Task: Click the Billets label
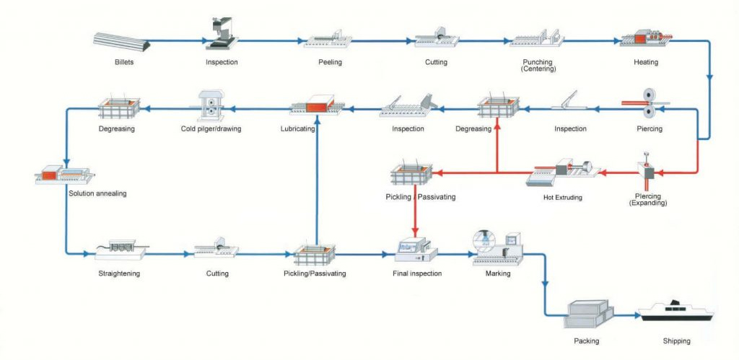(123, 62)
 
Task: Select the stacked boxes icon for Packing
(590, 312)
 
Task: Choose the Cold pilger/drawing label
(211, 129)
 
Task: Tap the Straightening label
(119, 273)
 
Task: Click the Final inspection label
(417, 273)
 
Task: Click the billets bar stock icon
(123, 40)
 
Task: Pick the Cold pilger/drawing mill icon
(210, 105)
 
